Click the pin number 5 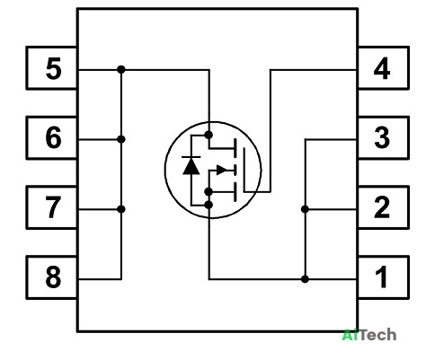(x=54, y=68)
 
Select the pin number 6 (x=54, y=137)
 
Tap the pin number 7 (x=54, y=207)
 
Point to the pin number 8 (x=54, y=277)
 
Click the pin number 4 (x=382, y=68)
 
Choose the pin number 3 (x=382, y=137)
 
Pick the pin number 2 (x=382, y=207)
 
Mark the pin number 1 (x=382, y=277)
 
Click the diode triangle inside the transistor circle (x=191, y=166)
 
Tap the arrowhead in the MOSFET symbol (x=222, y=170)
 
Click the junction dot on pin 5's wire (x=121, y=70)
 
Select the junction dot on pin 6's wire (x=121, y=139)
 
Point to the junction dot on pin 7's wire (x=121, y=209)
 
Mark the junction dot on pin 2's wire (x=305, y=209)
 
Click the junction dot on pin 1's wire (x=305, y=279)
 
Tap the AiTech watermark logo (x=369, y=335)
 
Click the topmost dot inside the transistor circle (x=209, y=135)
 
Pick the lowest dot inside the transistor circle (x=209, y=205)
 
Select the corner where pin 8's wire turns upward (x=121, y=279)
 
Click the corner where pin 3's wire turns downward (x=305, y=139)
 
